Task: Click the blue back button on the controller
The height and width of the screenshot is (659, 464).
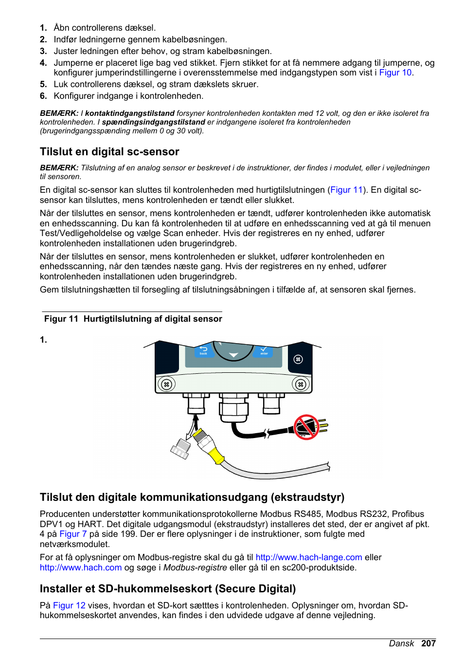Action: click(x=203, y=350)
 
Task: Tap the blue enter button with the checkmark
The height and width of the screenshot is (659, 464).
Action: click(x=263, y=350)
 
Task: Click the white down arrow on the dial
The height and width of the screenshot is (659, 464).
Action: click(x=233, y=355)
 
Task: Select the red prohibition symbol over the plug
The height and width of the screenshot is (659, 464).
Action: click(x=306, y=427)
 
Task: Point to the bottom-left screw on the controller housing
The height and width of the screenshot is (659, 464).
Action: click(x=166, y=384)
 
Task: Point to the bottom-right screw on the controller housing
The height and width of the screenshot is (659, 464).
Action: click(x=301, y=384)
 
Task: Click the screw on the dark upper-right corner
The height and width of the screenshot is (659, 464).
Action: click(x=298, y=359)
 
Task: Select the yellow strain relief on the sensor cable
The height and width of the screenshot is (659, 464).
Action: click(x=216, y=456)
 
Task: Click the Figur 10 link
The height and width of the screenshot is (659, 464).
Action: click(x=395, y=73)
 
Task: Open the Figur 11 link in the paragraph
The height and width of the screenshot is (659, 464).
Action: click(x=346, y=190)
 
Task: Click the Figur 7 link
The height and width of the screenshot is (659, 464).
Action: click(x=73, y=534)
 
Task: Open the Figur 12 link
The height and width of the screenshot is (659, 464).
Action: click(x=69, y=605)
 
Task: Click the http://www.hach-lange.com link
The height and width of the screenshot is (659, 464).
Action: click(x=309, y=557)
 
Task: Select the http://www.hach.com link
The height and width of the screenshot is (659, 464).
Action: click(x=81, y=567)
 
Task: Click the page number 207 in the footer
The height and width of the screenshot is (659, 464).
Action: click(x=428, y=643)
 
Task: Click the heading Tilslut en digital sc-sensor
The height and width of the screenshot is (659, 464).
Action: click(x=109, y=152)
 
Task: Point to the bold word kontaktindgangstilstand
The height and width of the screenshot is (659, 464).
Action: click(x=130, y=113)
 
